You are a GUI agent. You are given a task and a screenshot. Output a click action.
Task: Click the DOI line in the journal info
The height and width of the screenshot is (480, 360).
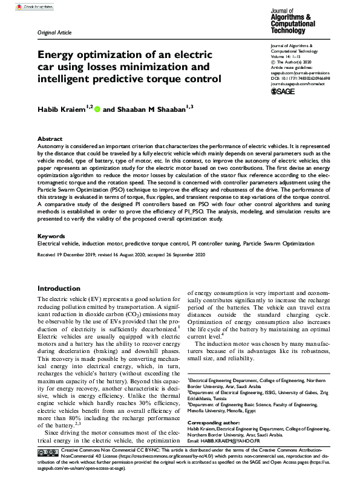[x=299, y=77]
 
